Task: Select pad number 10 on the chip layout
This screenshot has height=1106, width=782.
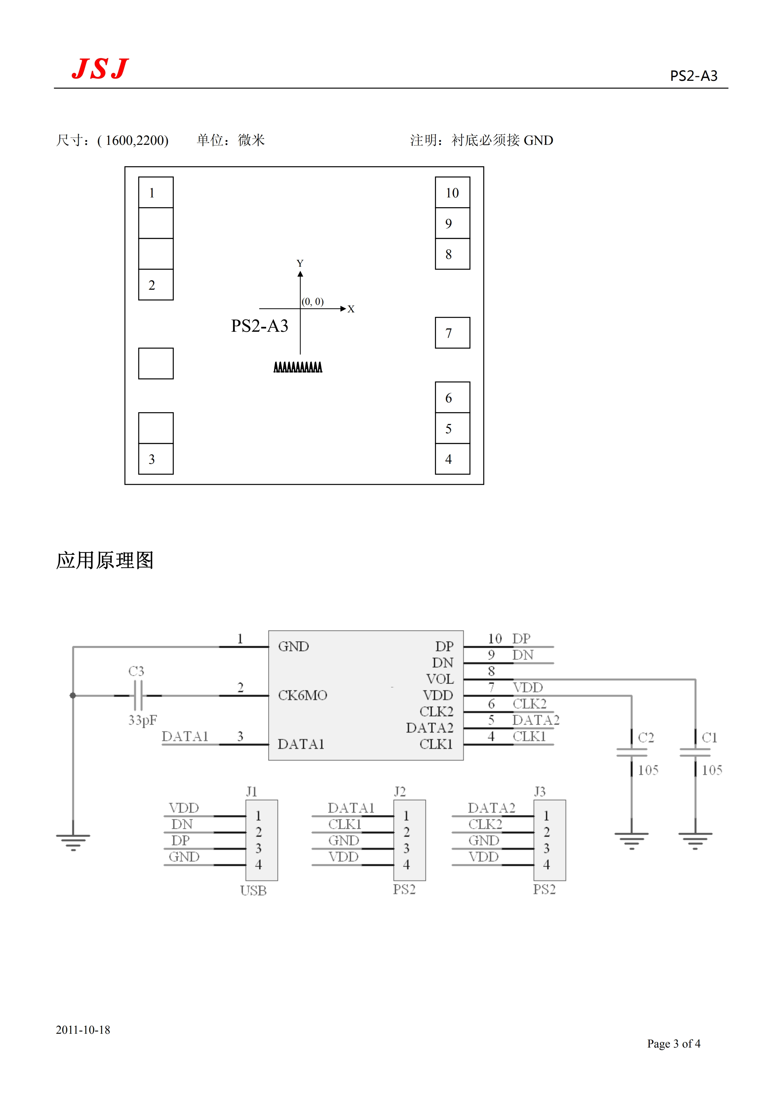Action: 452,193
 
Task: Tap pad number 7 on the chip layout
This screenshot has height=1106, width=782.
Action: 452,333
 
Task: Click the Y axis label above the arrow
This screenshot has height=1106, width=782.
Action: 300,263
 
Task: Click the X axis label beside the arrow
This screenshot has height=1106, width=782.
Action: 351,309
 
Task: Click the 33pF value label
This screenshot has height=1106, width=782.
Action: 143,720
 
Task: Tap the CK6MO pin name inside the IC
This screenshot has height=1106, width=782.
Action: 303,695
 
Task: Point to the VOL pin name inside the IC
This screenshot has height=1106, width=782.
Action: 439,679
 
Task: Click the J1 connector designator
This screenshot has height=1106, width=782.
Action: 251,791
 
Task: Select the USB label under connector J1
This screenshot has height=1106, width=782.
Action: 253,891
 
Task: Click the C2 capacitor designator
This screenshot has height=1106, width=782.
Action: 646,737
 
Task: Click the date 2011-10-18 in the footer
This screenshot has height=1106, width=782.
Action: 83,1029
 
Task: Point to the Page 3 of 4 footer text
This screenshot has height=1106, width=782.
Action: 674,1043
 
